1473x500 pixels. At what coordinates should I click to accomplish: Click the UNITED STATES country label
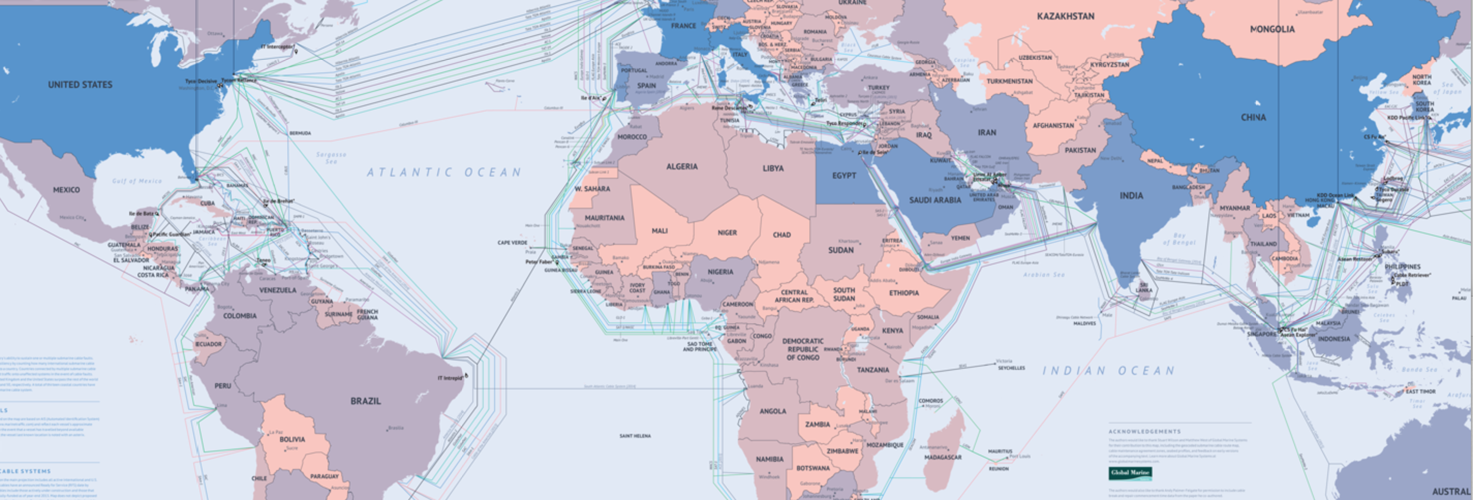[80, 85]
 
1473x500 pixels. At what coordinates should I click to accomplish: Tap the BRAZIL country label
[365, 401]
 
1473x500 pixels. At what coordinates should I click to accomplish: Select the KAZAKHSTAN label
[1065, 17]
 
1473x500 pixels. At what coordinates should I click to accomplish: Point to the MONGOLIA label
[1272, 29]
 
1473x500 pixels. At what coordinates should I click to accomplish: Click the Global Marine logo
[1130, 473]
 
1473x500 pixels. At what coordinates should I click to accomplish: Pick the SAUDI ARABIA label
[935, 200]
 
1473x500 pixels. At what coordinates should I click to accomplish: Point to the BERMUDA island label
[300, 133]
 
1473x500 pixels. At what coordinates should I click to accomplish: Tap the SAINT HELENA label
[635, 436]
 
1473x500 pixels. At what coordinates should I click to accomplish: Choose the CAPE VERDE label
[512, 243]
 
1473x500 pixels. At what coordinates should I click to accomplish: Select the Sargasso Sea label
[331, 158]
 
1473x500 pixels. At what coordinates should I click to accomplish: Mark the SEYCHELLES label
[1011, 368]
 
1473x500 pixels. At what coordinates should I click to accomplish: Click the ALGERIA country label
[682, 166]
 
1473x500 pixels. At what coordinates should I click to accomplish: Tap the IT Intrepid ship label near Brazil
[450, 378]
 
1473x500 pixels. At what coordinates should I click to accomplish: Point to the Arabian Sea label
[1044, 275]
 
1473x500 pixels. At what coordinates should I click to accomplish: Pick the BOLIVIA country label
[292, 440]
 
